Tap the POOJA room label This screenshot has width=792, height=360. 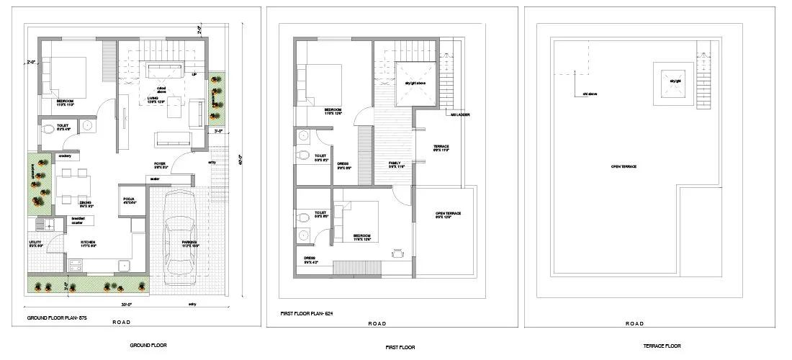pyautogui.click(x=130, y=200)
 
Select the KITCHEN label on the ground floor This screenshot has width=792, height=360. pyautogui.click(x=88, y=243)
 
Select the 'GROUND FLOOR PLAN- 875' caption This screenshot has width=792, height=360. pyautogui.click(x=56, y=318)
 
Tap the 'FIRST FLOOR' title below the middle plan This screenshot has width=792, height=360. pyautogui.click(x=400, y=347)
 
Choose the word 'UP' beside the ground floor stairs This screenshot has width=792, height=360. pyautogui.click(x=194, y=74)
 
